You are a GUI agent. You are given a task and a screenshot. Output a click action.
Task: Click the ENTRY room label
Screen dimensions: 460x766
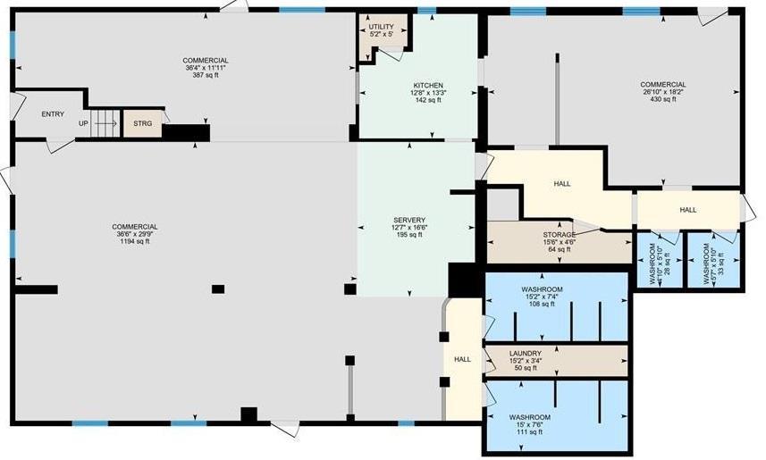point(53,113)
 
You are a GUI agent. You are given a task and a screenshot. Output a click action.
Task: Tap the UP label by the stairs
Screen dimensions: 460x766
point(83,123)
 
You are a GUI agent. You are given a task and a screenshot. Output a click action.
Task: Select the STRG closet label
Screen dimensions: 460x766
point(142,123)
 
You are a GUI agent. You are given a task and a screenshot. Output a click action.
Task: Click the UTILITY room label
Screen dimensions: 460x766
point(381,28)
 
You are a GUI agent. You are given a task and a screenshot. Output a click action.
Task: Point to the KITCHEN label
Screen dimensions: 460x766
point(428,85)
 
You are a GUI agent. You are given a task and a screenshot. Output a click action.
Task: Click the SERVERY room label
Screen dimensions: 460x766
point(409,221)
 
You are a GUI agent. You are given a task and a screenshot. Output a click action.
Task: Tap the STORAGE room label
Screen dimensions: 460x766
point(559,235)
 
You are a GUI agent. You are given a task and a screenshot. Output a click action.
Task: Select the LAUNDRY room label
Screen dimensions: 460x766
point(525,354)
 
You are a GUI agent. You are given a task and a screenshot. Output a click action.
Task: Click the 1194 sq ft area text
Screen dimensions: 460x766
point(135,241)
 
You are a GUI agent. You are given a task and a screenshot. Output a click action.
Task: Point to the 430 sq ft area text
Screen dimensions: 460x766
point(662,99)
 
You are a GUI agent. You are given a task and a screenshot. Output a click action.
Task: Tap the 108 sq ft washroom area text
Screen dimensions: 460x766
point(542,304)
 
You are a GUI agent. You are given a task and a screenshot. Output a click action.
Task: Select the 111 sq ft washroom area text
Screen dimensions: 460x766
point(530,431)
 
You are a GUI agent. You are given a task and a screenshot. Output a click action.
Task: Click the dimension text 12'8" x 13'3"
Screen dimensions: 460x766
point(428,92)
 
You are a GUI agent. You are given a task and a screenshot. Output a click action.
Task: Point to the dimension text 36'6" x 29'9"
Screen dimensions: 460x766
point(135,234)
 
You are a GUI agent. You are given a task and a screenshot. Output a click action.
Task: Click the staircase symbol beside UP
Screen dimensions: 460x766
point(106,122)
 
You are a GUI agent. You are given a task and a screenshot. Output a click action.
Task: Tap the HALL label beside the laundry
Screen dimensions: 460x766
point(462,359)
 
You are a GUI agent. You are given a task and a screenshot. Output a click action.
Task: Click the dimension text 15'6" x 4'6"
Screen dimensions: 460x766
point(559,242)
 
